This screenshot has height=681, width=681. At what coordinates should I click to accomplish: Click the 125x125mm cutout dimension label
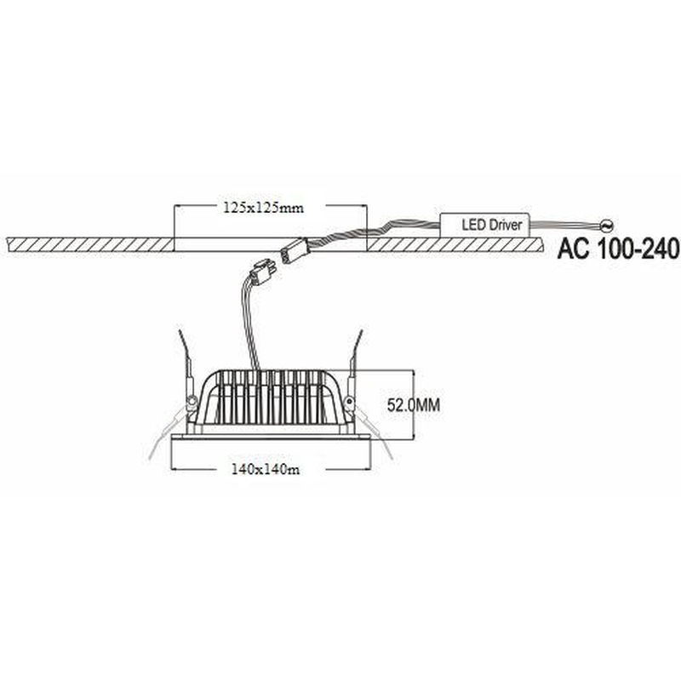[x=263, y=208]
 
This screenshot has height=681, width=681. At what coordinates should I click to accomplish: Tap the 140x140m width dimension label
[x=266, y=470]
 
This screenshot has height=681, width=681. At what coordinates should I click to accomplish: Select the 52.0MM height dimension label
[x=414, y=405]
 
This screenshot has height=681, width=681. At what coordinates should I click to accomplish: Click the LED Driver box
[x=484, y=225]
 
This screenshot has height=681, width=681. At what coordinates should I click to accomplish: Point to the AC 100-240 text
[x=618, y=249]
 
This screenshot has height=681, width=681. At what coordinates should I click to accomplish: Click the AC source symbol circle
[x=607, y=226]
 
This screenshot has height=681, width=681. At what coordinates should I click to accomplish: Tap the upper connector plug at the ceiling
[x=293, y=251]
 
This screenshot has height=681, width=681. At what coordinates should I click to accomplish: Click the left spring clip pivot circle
[x=191, y=401]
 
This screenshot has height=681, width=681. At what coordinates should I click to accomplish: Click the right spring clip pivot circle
[x=349, y=401]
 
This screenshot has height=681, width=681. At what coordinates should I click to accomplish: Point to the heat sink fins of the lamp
[x=270, y=398]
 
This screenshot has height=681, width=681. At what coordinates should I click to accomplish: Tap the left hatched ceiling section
[x=90, y=244]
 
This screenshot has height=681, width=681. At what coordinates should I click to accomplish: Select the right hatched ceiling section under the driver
[x=455, y=244]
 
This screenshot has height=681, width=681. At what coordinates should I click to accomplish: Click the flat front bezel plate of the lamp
[x=271, y=437]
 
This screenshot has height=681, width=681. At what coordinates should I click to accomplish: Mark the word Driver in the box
[x=506, y=225]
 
